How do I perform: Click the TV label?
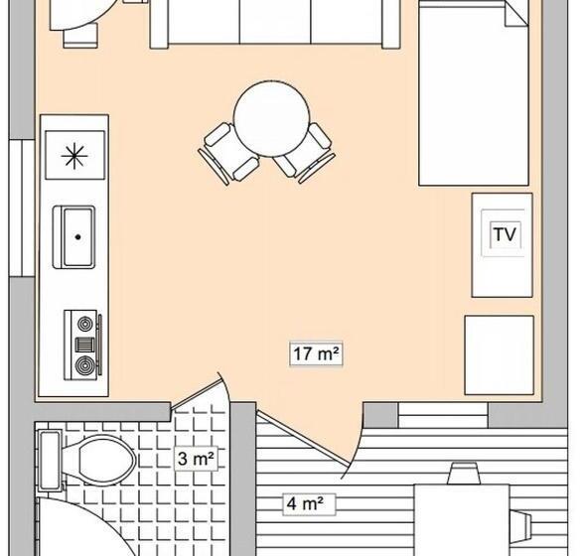point(506,234)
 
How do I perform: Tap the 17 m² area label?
point(316,353)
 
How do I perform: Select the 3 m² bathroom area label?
point(196,459)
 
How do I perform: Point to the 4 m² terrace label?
point(305,503)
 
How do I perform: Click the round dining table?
point(271,119)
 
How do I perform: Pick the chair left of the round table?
point(226,153)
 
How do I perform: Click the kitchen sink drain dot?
point(77,237)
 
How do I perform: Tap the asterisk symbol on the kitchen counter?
point(74,156)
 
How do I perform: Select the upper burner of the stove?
point(85,324)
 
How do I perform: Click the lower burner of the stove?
point(84,365)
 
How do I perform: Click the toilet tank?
point(50,461)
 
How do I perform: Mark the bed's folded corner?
point(516,15)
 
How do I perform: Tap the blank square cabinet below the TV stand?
point(500,354)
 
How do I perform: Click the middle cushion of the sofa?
point(275,21)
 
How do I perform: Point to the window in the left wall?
point(22,208)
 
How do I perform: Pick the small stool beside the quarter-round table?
point(80,36)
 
